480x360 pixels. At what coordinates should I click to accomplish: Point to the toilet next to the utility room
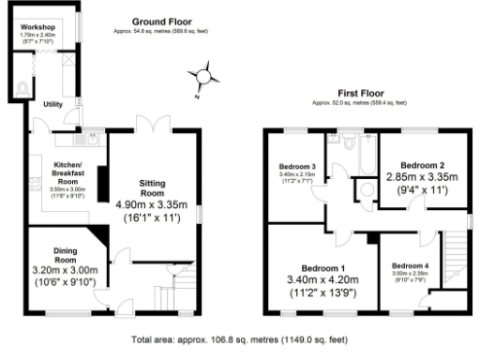pos(21,89)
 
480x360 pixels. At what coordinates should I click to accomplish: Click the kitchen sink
pos(63,141)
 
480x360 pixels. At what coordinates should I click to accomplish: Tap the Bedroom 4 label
pos(409,264)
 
